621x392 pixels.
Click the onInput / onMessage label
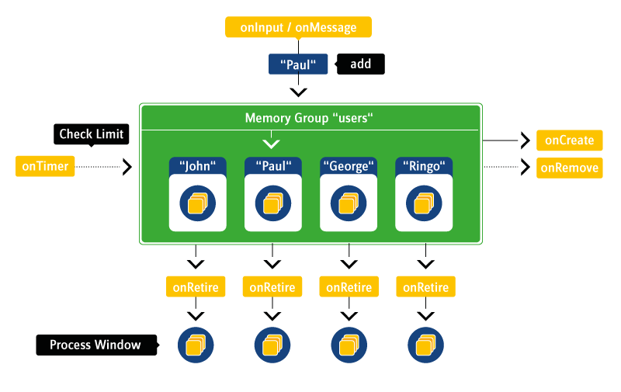[x=298, y=28]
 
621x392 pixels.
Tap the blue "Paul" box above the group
[x=298, y=64]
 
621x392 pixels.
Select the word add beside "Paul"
[x=360, y=64]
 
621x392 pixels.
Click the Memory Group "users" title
[x=310, y=118]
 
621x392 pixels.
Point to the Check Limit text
[x=92, y=134]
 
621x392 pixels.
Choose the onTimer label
[x=45, y=166]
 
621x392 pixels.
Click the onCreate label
[x=569, y=140]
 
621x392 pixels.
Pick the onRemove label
[x=569, y=168]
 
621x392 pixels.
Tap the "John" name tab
[x=197, y=165]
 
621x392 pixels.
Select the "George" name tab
[x=348, y=165]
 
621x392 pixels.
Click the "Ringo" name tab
[x=423, y=165]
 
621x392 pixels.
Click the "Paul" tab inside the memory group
[x=272, y=165]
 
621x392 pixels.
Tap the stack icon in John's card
[x=197, y=203]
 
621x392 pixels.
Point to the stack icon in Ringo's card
[x=423, y=203]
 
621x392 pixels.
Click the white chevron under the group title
[x=271, y=144]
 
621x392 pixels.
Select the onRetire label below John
[x=196, y=287]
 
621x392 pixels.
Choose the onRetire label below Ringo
[x=425, y=287]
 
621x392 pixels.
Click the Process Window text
[x=95, y=345]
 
